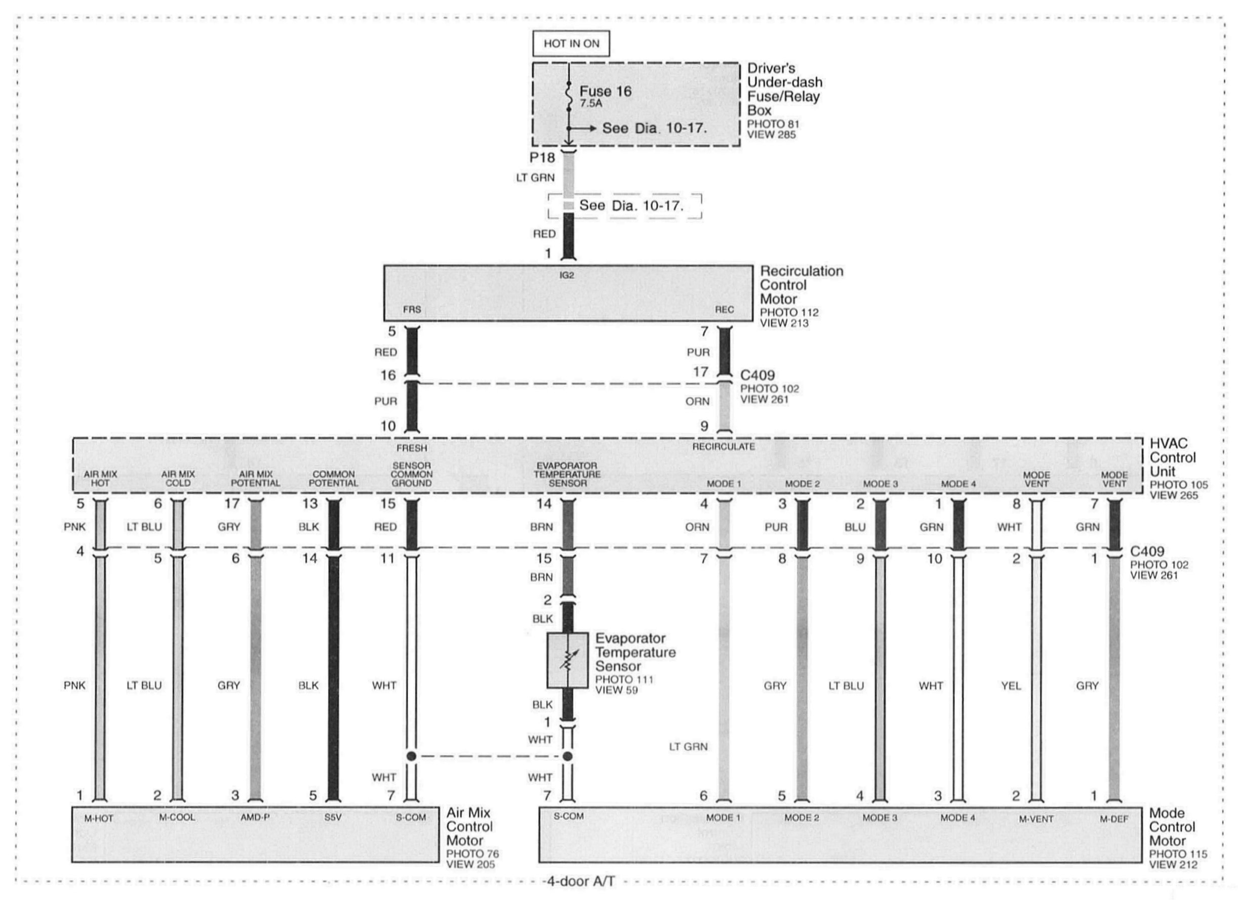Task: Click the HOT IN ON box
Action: coord(571,44)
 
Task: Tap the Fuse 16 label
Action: coord(606,91)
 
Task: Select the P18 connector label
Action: coord(542,158)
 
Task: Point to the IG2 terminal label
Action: coord(567,275)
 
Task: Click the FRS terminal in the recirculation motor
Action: coord(412,309)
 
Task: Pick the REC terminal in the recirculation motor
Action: coord(725,309)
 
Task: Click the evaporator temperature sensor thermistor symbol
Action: coord(567,660)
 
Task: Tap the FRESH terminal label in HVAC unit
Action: coord(412,448)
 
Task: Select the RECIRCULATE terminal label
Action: coord(724,447)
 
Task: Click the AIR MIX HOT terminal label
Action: coord(100,479)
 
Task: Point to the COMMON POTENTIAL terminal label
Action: coord(334,479)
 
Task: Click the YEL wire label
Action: coord(1011,685)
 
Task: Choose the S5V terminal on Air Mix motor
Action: coord(333,818)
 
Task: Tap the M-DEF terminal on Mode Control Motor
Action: coord(1114,819)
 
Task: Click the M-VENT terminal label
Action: coord(1036,819)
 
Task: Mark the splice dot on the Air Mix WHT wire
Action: coord(412,756)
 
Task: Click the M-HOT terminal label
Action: coord(99,818)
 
